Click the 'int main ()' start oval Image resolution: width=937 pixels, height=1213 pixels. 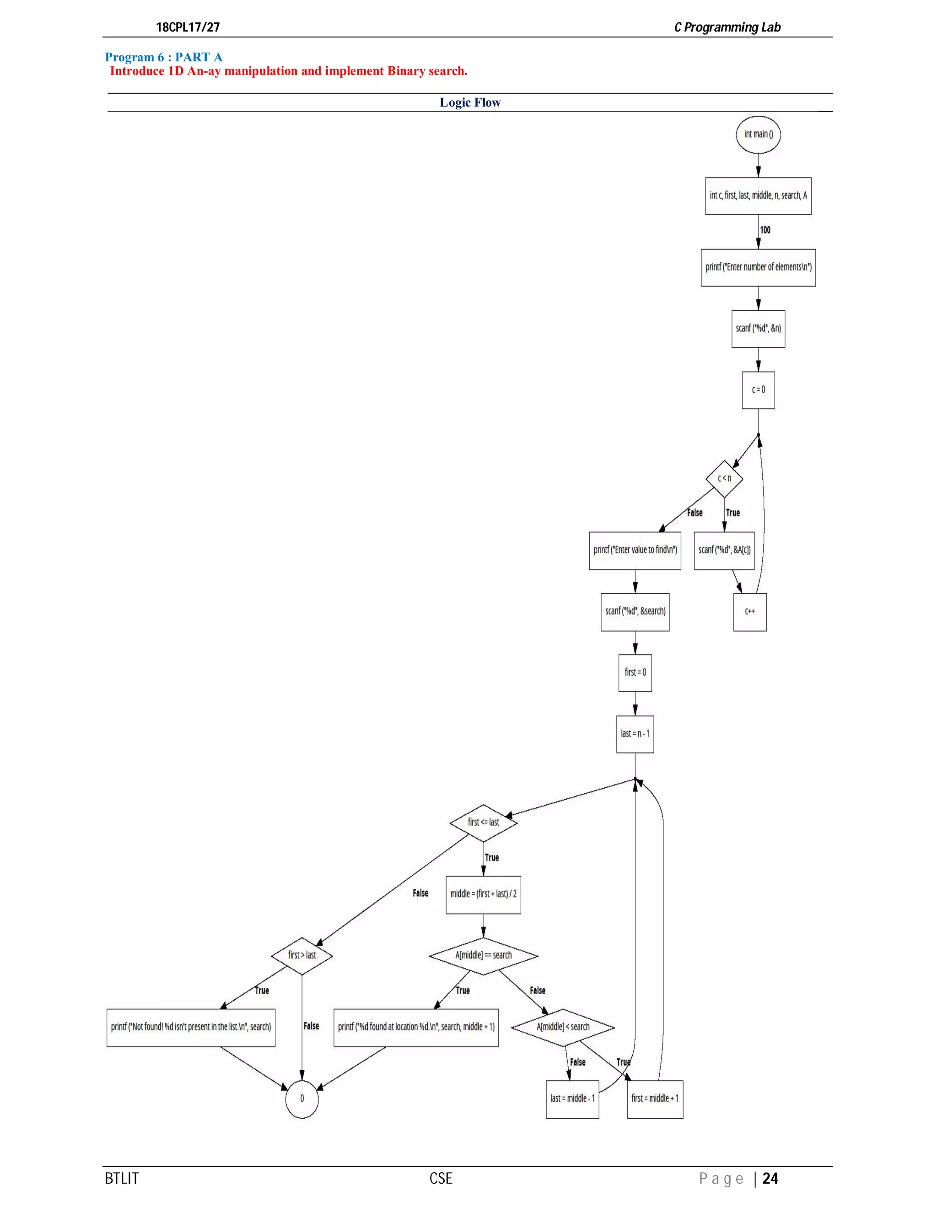pos(758,135)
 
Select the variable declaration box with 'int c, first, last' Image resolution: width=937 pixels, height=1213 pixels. pos(758,195)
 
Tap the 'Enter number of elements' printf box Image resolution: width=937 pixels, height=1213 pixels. pos(758,267)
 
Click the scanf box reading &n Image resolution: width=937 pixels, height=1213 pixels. pos(758,328)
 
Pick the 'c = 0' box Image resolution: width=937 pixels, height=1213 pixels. pos(758,390)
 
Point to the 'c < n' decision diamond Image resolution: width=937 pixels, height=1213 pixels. pos(724,478)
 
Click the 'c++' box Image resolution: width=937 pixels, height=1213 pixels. pos(749,612)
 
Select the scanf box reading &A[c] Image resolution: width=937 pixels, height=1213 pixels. pos(724,550)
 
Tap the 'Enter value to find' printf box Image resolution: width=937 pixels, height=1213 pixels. pos(635,550)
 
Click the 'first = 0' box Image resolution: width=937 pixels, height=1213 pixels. pos(635,672)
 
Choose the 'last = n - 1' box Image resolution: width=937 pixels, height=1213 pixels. pos(635,734)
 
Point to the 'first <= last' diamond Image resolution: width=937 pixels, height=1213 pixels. pos(483,822)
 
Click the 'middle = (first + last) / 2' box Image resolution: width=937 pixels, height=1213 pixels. pos(483,894)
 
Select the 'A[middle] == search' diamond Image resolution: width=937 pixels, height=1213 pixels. pos(483,955)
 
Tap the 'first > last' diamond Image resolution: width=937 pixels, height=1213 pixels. pos(302,955)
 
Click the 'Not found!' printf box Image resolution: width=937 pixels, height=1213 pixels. pos(190,1027)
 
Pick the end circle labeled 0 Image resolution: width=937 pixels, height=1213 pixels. pos(302,1099)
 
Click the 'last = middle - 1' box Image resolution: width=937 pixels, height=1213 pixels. pos(572,1099)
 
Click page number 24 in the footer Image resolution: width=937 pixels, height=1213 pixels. pos(770,1179)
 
